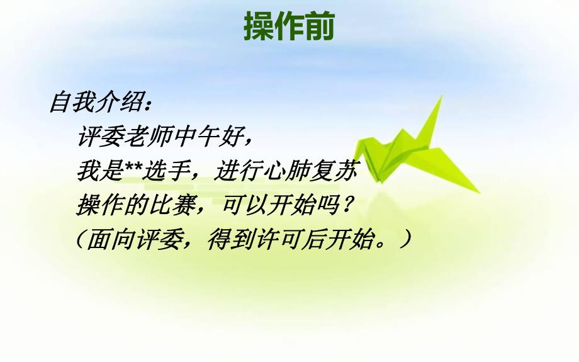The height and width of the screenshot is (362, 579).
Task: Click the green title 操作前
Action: pyautogui.click(x=289, y=26)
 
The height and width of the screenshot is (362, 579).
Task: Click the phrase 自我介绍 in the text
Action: pyautogui.click(x=94, y=102)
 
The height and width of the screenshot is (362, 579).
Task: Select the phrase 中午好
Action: pyautogui.click(x=206, y=135)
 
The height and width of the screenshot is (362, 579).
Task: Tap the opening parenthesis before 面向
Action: pyautogui.click(x=81, y=240)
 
